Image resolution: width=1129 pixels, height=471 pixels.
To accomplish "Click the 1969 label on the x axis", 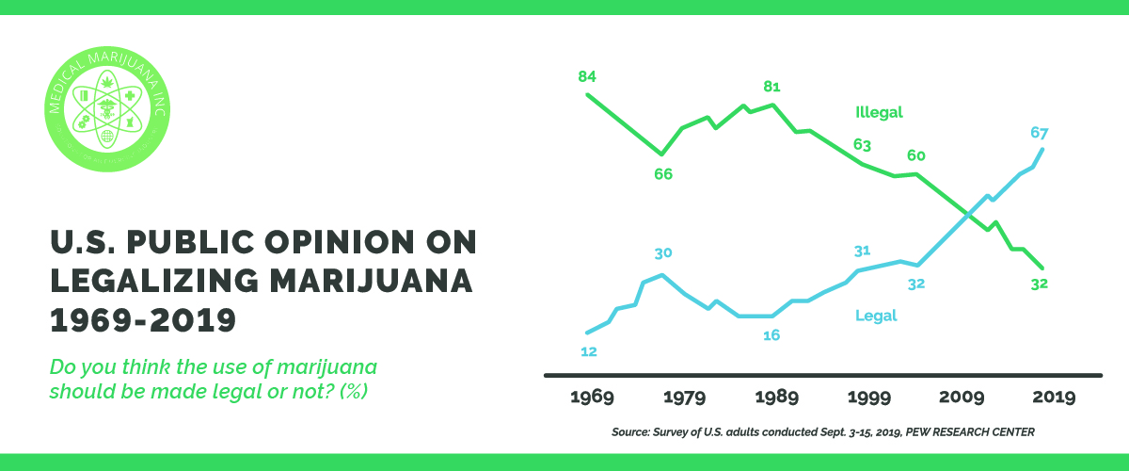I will coord(592,398).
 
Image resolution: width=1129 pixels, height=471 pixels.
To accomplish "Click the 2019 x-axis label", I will coord(1052,398).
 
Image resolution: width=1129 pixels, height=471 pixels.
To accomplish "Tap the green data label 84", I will coord(588,76).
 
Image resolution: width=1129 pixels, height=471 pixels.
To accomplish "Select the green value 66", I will coord(663,174).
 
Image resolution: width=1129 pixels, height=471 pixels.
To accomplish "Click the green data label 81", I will coord(771,88).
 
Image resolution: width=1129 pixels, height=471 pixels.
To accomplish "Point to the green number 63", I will coord(862,146).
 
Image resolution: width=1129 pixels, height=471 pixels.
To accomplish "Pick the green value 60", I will coord(916,155).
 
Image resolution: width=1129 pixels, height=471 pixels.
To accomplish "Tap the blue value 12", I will coord(589,351).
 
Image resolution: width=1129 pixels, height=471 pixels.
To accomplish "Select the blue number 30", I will coord(662,253).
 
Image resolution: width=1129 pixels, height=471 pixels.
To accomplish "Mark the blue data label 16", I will coord(771,335).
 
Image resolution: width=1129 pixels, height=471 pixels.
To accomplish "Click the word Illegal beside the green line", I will coord(879,112).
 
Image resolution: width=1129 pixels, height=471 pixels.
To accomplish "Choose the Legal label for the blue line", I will coord(876,317).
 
